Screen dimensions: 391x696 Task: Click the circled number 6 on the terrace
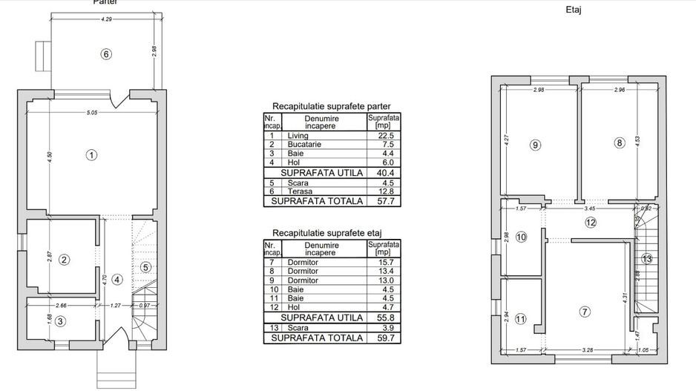(x=106, y=54)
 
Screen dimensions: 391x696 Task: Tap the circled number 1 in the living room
(x=91, y=155)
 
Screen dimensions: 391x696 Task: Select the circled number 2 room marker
(x=65, y=260)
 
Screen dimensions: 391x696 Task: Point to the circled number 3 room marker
(x=60, y=321)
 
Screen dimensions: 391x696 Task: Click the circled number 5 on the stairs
(x=145, y=267)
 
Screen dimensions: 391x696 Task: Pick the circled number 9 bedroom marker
(x=536, y=145)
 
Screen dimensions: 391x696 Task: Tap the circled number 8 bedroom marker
(x=620, y=143)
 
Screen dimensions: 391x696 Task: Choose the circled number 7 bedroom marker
(x=585, y=312)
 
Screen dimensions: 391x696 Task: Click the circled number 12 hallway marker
(x=591, y=222)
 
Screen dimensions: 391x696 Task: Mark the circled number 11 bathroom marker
(x=520, y=319)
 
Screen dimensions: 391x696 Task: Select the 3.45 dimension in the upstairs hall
(x=591, y=208)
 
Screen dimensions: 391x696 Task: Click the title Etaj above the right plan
(x=573, y=10)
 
